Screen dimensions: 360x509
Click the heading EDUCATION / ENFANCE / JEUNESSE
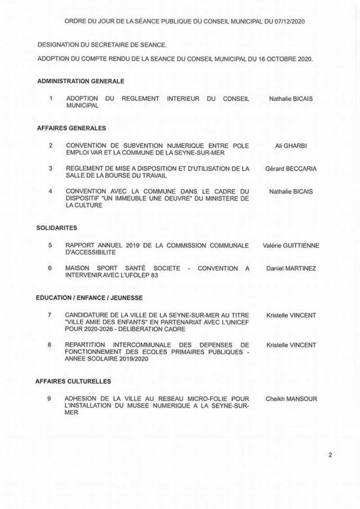tap(91, 297)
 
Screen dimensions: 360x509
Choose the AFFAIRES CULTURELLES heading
tap(75, 380)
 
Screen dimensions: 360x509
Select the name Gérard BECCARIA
tap(291, 168)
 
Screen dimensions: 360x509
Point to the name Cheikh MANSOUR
tap(291, 398)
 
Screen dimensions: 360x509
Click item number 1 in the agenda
tap(50, 98)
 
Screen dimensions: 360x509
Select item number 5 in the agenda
tap(50, 245)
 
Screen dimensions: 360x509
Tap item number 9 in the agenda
tap(50, 398)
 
